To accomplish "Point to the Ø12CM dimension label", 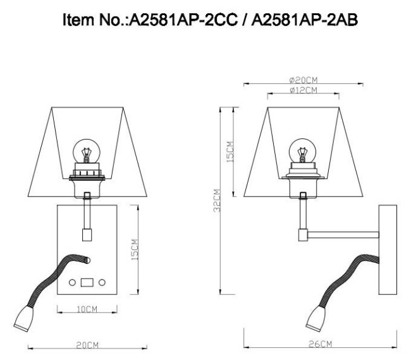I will [x=303, y=91].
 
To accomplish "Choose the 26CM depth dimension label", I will [x=321, y=344].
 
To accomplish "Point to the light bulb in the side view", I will [x=302, y=153].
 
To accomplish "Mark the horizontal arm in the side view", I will [x=341, y=235].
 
